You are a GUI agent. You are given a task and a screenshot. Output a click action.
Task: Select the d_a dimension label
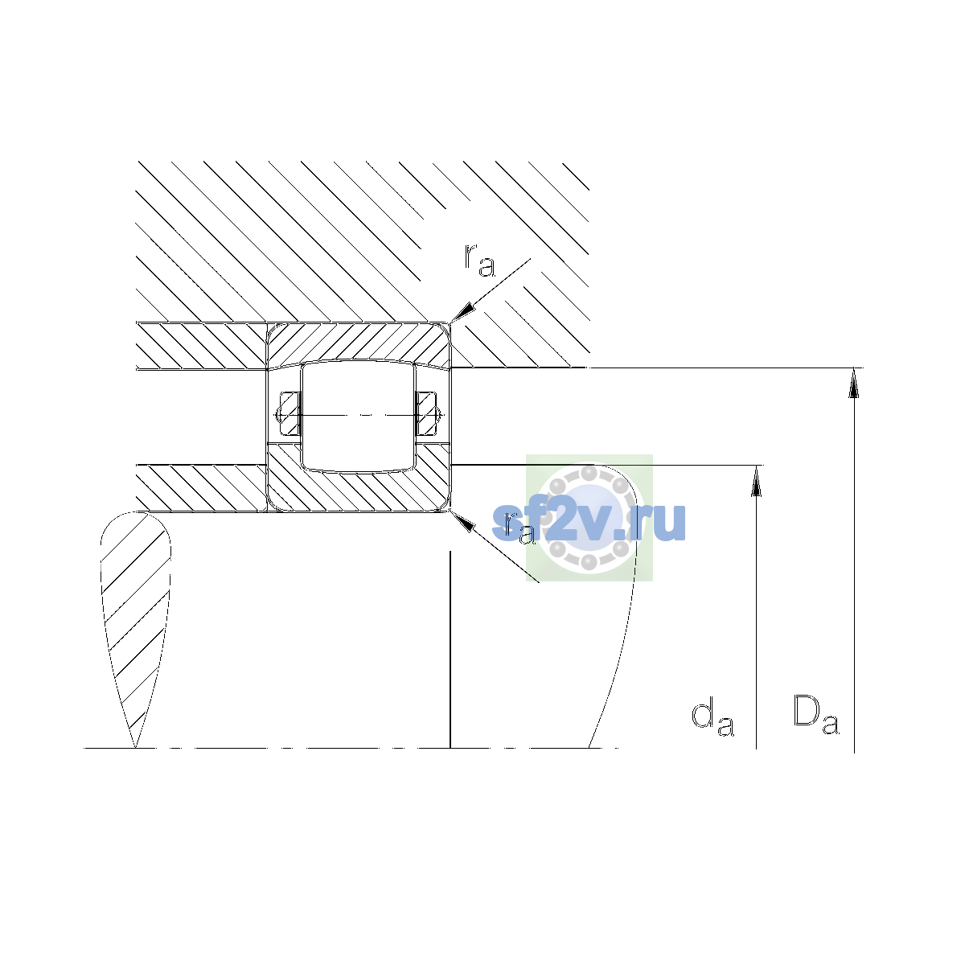point(712,719)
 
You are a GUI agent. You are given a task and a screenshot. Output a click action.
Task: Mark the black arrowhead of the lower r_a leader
point(462,521)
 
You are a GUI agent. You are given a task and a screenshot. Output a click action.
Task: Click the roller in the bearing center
point(358,417)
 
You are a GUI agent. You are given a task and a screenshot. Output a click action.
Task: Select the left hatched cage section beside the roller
point(289,413)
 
